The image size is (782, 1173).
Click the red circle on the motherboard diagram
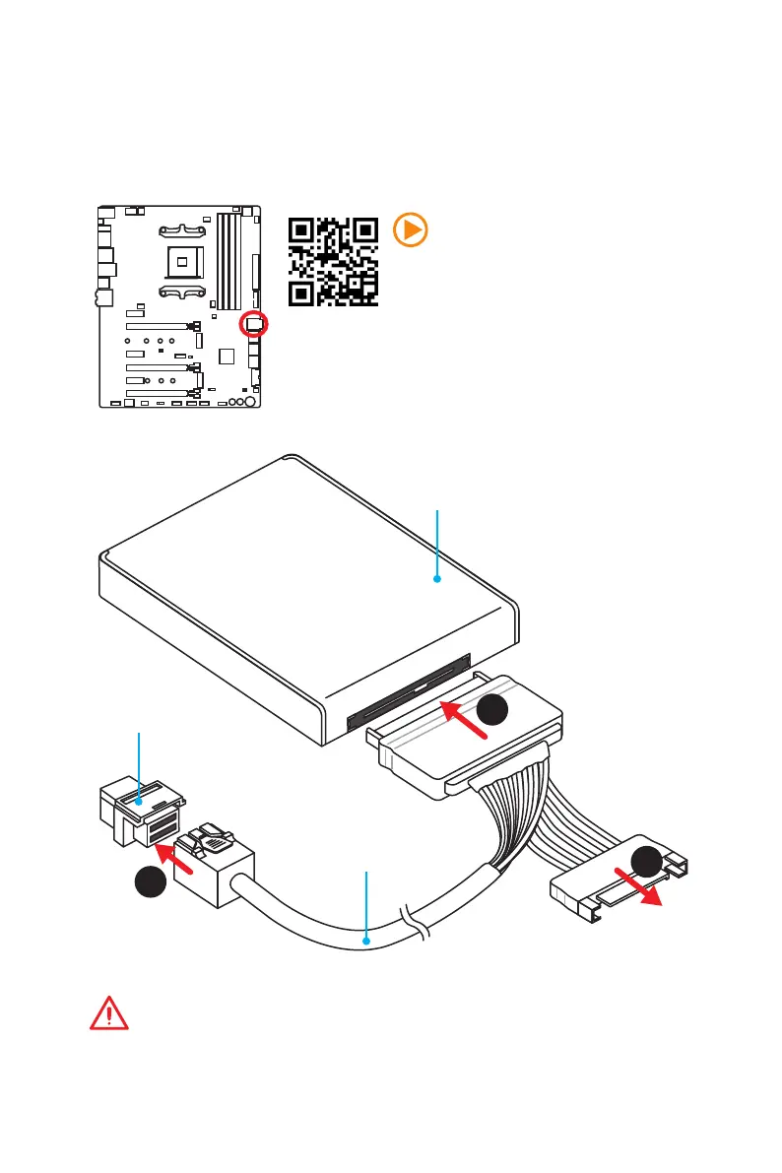255,323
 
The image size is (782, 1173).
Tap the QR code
333,261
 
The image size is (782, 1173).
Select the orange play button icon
410,229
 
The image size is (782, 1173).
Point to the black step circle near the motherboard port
150,880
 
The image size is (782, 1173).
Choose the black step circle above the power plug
649,862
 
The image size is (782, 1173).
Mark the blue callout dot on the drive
437,580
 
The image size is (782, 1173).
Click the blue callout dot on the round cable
367,941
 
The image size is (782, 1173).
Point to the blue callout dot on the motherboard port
140,803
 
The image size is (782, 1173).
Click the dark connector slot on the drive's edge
409,694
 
